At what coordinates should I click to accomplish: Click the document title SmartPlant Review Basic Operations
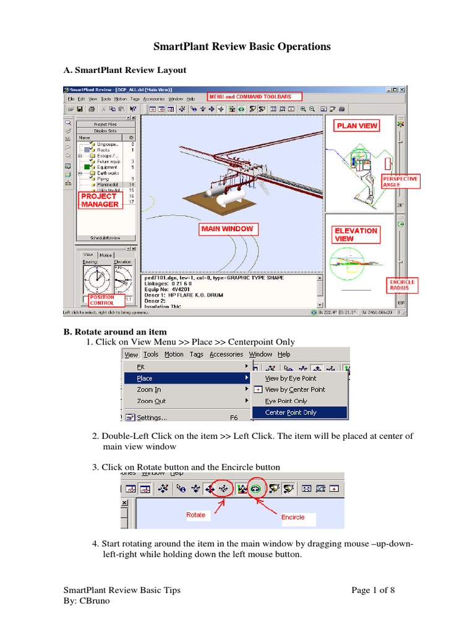point(242,46)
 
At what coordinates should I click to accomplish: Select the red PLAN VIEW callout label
point(356,125)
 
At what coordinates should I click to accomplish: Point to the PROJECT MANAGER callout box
point(100,200)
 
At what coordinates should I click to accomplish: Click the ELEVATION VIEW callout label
point(356,234)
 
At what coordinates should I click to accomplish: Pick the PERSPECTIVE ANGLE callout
point(400,181)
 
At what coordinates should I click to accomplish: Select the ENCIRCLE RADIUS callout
point(402,284)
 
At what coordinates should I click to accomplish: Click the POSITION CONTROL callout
point(102,300)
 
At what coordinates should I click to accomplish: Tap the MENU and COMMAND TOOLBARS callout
point(254,97)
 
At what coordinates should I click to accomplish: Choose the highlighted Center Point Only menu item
point(291,412)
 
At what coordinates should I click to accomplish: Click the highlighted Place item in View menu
point(145,378)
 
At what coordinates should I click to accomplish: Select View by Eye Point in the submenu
point(291,378)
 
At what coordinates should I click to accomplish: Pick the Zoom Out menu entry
point(151,401)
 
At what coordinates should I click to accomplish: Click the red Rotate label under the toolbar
point(196,514)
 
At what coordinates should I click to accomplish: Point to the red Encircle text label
point(293,517)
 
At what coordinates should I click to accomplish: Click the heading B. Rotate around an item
point(115,332)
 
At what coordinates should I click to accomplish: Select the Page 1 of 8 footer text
point(373,590)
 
